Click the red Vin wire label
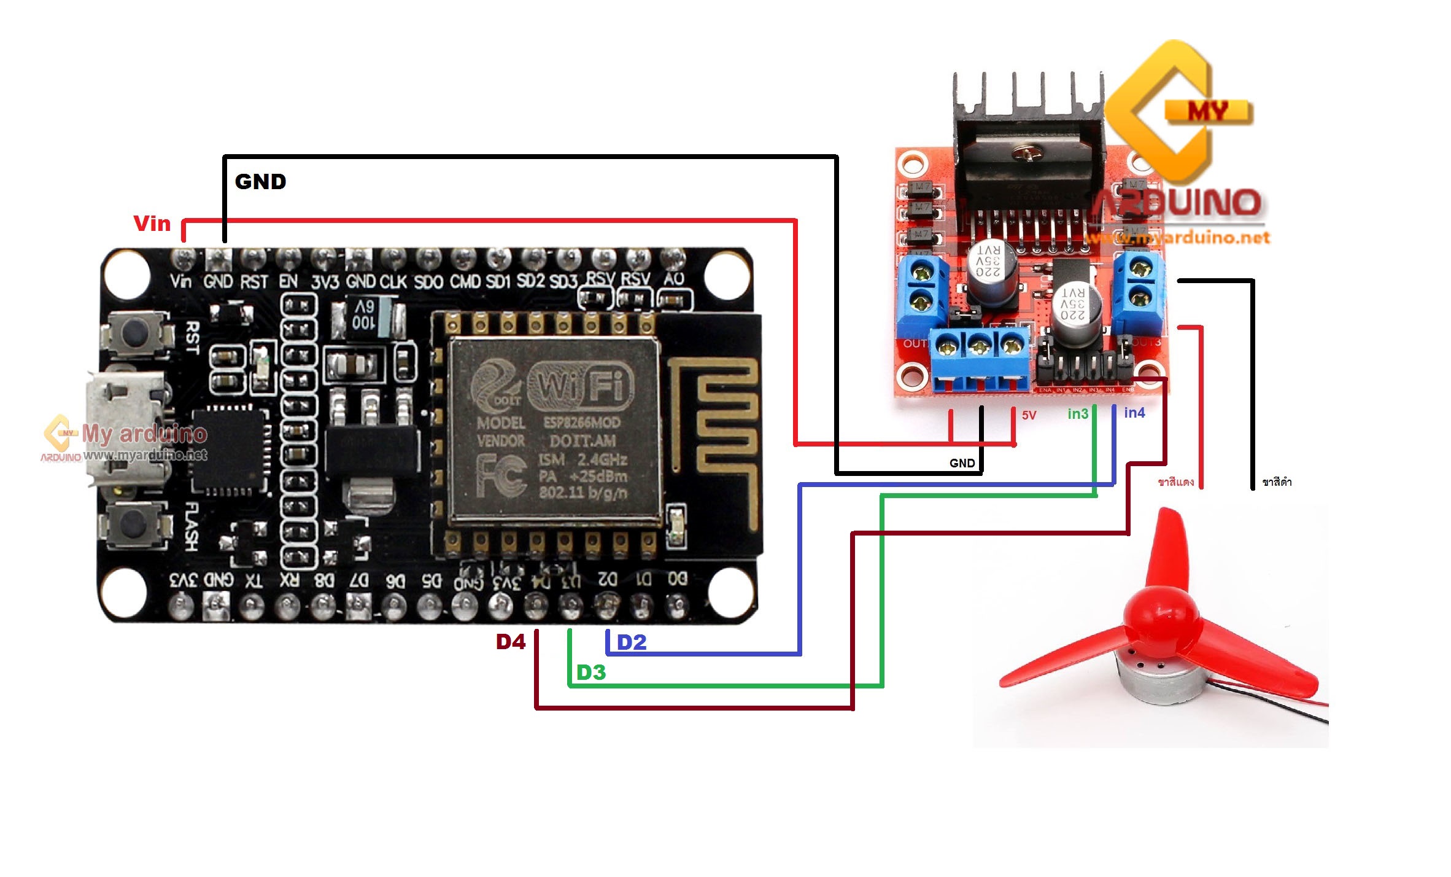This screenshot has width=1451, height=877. (x=152, y=224)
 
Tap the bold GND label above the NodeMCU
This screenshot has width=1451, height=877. (x=260, y=182)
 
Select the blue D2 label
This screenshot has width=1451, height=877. (x=632, y=642)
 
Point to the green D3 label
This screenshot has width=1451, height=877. (x=591, y=672)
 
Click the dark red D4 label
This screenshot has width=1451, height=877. (x=511, y=642)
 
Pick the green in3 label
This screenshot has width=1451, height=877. (x=1078, y=414)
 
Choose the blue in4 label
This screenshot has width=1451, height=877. (x=1134, y=413)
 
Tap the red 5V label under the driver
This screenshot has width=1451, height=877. (x=1029, y=415)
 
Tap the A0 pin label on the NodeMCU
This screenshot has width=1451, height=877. (x=673, y=279)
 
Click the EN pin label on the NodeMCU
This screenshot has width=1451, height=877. (x=288, y=282)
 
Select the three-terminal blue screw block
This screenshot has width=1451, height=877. (x=980, y=359)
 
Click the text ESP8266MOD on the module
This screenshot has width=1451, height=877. (x=581, y=423)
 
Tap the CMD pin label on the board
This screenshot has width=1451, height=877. (x=465, y=281)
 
